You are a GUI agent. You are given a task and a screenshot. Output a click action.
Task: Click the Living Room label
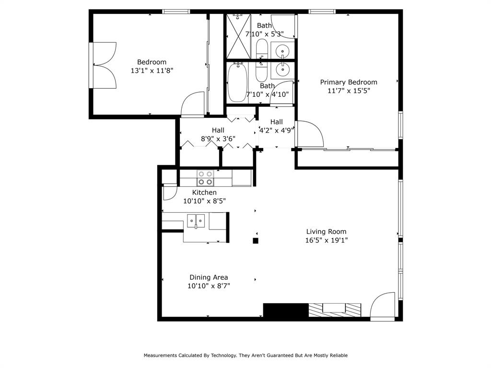(x=326, y=232)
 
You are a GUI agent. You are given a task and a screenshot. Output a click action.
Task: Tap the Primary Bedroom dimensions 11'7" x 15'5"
(x=349, y=91)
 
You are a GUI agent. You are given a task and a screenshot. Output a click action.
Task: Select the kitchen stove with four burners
(x=206, y=178)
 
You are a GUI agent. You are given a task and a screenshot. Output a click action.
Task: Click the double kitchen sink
(x=196, y=221)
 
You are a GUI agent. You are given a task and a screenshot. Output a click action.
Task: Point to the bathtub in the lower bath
(x=236, y=82)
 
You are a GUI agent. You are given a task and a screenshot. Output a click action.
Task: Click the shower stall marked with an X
(x=238, y=36)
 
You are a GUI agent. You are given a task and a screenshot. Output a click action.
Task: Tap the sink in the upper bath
(x=283, y=50)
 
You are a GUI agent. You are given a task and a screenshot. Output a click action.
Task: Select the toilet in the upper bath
(x=262, y=49)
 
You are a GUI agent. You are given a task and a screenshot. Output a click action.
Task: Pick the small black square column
(x=256, y=241)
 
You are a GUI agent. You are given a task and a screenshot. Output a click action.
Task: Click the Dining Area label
(x=209, y=277)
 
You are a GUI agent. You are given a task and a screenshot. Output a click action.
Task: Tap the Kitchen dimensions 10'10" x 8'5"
(x=204, y=201)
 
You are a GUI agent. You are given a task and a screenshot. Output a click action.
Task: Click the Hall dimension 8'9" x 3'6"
(x=218, y=139)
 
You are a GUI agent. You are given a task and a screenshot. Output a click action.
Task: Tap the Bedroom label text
(x=152, y=62)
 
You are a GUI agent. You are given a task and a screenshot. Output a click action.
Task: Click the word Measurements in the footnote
(x=163, y=356)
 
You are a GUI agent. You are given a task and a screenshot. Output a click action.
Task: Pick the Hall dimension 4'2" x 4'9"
(x=277, y=130)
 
